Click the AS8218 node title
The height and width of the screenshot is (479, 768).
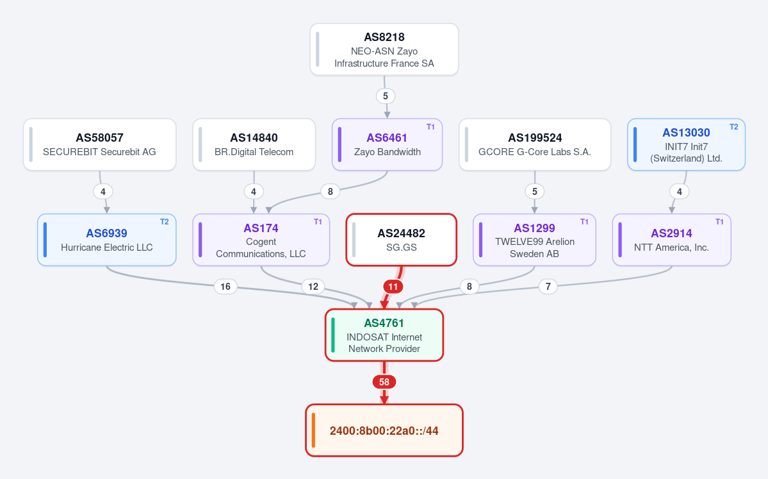tap(384, 37)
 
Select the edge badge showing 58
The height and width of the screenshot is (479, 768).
tap(384, 382)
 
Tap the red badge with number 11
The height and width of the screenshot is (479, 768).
tap(393, 287)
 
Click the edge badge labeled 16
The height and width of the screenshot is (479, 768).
tap(225, 287)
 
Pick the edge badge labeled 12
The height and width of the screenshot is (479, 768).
tap(313, 287)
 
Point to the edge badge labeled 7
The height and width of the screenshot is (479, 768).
tap(548, 287)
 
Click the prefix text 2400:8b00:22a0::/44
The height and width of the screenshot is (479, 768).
tap(384, 431)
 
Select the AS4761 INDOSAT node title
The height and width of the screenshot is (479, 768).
tap(384, 323)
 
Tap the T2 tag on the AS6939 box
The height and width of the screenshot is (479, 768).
tap(165, 222)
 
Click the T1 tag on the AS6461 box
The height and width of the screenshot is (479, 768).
tap(430, 127)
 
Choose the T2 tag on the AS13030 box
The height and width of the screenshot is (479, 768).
tap(733, 127)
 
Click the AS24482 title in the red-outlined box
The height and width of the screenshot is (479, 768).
tap(401, 233)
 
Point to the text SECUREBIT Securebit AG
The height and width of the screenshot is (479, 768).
tap(99, 152)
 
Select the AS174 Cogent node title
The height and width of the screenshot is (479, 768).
tap(261, 228)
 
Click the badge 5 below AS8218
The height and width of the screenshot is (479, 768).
tap(386, 96)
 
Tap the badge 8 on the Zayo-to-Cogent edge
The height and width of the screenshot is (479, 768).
tap(330, 192)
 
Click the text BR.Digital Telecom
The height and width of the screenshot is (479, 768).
tap(254, 152)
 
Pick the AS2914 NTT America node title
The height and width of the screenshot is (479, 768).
tap(671, 233)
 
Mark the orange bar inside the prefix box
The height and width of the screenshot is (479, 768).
tap(313, 430)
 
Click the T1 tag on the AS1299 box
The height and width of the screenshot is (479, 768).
tap(584, 222)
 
